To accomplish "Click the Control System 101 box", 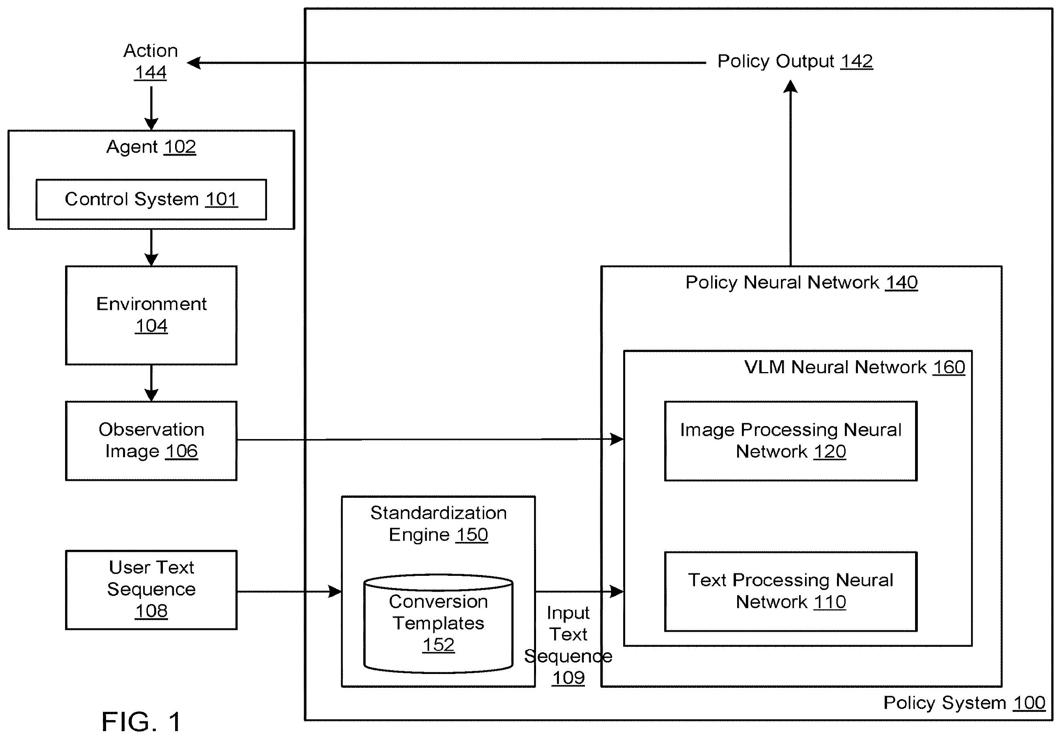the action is (151, 199).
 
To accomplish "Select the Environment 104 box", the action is (151, 315).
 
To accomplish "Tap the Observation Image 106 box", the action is (151, 441).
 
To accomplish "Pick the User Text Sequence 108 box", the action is (151, 590).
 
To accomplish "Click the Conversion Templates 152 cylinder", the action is (438, 623).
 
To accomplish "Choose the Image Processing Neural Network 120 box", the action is (791, 441).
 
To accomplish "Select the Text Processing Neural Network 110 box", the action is (791, 591).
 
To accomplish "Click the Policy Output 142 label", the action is (795, 61).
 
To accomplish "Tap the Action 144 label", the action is (151, 61).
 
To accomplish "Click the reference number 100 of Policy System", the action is (1029, 702).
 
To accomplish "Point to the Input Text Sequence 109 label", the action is (568, 645).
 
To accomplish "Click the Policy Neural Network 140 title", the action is (801, 282).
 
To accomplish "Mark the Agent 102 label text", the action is (151, 147).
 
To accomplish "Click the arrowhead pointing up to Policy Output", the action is (791, 86).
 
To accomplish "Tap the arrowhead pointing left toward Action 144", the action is (194, 63).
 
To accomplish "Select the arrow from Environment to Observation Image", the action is (151, 383).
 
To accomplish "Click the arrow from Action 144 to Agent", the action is (151, 108).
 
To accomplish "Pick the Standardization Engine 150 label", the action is (438, 524).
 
